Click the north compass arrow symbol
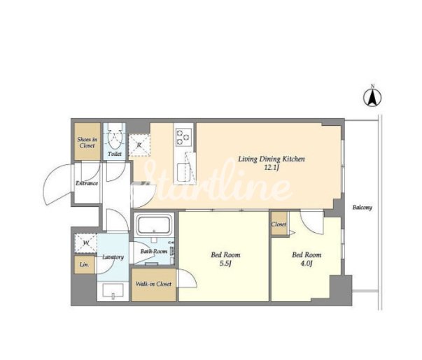373,97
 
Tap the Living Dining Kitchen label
272,159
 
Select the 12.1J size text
271,168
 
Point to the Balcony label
363,208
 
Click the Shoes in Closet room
87,141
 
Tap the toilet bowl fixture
115,137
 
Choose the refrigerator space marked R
139,145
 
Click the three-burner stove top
184,137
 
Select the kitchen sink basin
184,173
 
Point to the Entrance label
87,183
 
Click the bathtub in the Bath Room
154,225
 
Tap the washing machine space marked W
86,243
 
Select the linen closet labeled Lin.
84,264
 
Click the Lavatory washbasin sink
113,291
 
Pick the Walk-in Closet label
153,284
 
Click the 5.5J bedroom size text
225,264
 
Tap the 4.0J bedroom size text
307,264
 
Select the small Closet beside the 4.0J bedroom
279,224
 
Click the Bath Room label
154,252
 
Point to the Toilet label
115,154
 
